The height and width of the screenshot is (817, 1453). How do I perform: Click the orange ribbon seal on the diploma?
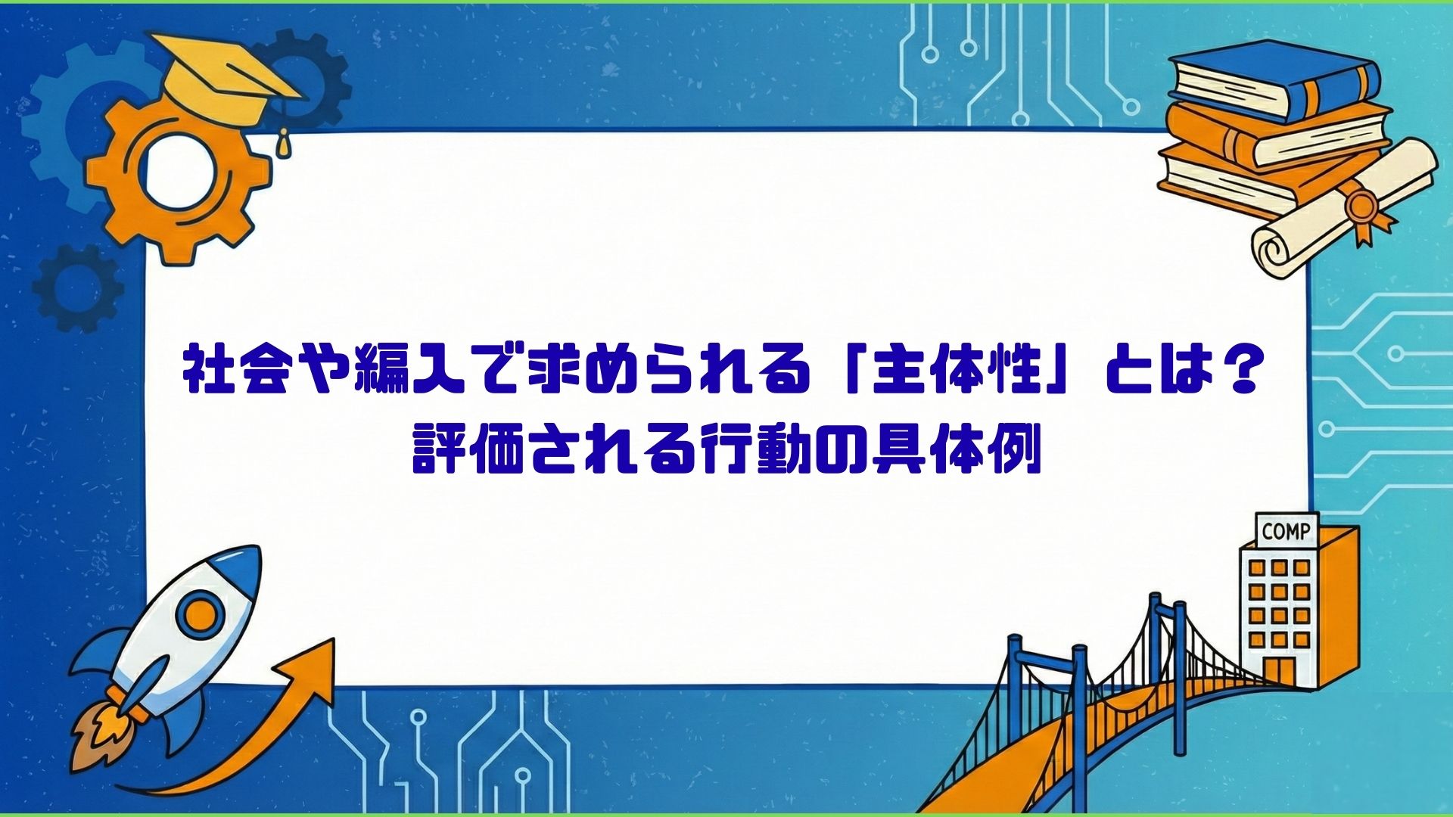tap(1362, 208)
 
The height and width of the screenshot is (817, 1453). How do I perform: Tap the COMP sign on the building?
tap(1287, 531)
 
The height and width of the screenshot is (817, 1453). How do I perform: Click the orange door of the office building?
tap(1279, 670)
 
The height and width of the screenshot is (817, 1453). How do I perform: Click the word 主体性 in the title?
tap(957, 373)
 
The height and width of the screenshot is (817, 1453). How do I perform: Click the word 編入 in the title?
tap(412, 373)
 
